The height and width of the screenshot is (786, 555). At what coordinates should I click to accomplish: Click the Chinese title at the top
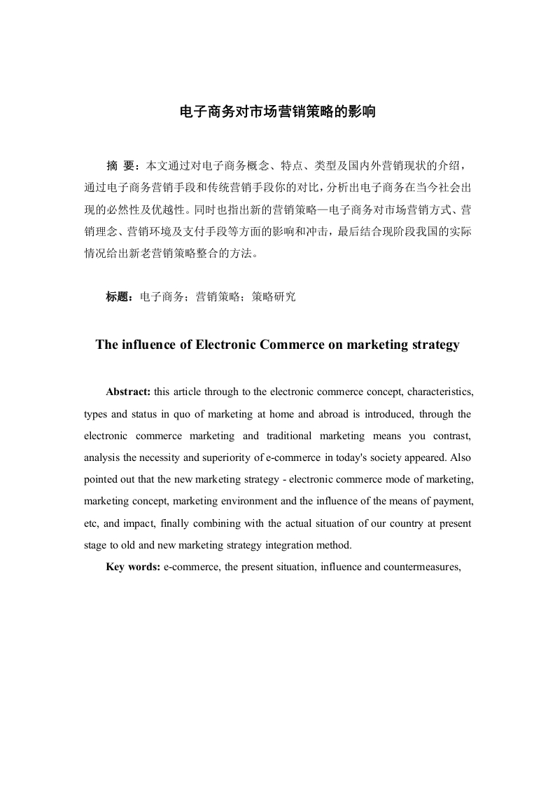pos(278,111)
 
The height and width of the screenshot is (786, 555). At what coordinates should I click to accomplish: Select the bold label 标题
pos(119,297)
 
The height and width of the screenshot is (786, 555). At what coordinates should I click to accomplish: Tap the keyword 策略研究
pos(274,297)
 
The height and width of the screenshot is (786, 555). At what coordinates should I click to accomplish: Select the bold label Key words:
pos(133,567)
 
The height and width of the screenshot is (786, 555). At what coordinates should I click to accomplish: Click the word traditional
pos(289,436)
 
